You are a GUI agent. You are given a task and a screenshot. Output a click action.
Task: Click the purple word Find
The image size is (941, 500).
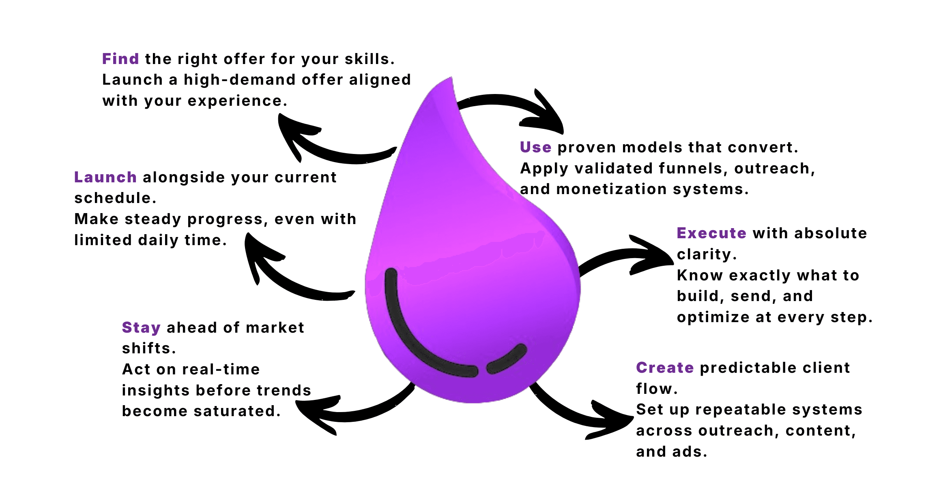(120, 59)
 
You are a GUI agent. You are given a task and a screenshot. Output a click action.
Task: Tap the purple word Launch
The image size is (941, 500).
(105, 177)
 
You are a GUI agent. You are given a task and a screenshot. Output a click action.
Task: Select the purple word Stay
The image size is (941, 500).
(141, 328)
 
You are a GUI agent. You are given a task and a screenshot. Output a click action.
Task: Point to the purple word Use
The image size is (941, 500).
(535, 147)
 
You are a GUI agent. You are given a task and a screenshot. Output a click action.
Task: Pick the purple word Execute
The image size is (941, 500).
(711, 233)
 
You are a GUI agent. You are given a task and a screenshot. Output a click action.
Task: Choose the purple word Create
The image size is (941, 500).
(665, 368)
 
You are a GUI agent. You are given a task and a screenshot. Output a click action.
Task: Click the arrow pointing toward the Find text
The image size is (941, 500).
(324, 146)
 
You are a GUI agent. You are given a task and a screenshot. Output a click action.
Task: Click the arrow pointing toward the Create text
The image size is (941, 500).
(584, 417)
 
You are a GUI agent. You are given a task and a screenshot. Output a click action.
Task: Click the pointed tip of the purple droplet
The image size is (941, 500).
(451, 79)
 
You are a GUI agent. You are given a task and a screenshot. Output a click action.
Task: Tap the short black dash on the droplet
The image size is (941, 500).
(507, 359)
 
